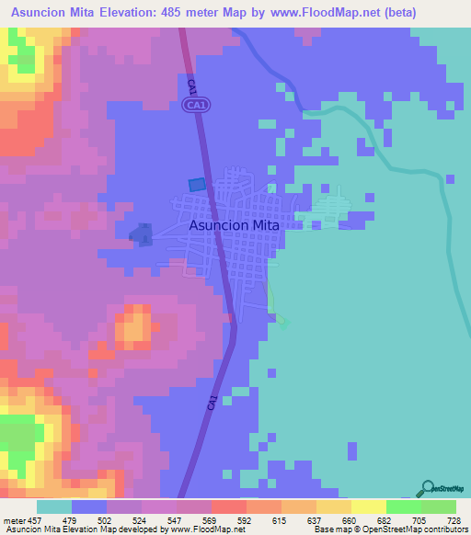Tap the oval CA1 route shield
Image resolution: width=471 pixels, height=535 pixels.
(193, 107)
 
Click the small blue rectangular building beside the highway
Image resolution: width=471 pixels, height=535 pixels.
(197, 185)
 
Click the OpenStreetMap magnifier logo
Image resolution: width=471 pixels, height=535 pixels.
(427, 488)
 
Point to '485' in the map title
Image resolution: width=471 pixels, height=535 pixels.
(179, 13)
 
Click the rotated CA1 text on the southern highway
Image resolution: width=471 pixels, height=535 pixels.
(212, 403)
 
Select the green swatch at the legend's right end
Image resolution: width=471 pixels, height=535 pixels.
(438, 507)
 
